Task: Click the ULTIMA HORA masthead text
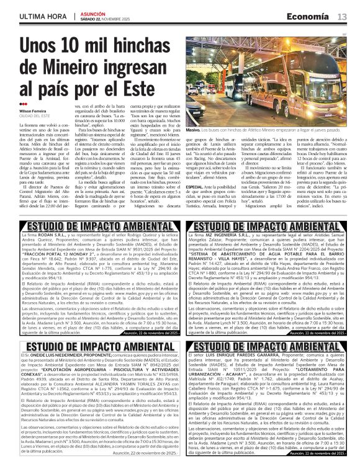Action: (x=42, y=16)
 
